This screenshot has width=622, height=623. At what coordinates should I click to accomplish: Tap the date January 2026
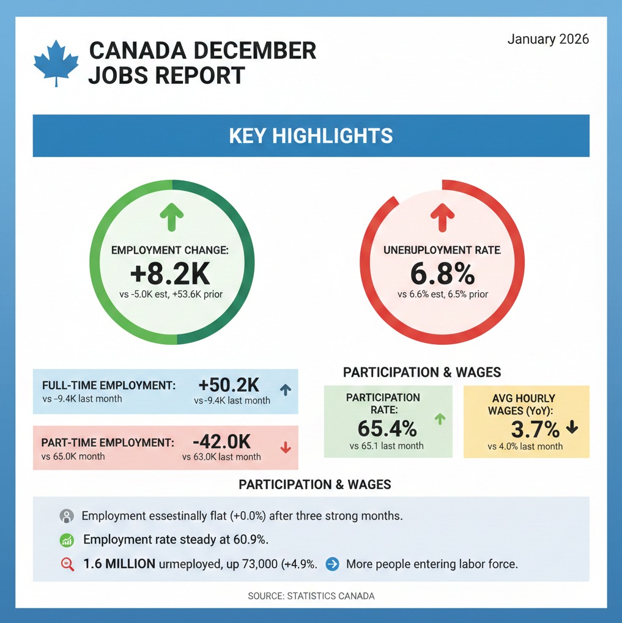click(548, 39)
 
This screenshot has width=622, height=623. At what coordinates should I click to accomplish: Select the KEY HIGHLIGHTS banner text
click(311, 135)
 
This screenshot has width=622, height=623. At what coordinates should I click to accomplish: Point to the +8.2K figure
click(170, 274)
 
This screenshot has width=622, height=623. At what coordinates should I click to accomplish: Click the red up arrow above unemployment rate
click(442, 216)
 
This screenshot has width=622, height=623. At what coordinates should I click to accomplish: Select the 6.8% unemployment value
click(442, 274)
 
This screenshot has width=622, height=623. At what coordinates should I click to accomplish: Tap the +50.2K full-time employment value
click(229, 385)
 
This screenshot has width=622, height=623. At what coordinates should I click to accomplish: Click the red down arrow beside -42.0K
click(285, 448)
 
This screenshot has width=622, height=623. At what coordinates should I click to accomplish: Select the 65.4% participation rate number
click(387, 427)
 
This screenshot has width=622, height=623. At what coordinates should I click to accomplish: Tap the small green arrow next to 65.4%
click(439, 419)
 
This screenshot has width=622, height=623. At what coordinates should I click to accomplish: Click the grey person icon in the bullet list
click(66, 516)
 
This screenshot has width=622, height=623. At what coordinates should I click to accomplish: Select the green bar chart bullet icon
click(67, 540)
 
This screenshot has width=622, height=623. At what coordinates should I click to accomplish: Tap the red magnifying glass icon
click(68, 564)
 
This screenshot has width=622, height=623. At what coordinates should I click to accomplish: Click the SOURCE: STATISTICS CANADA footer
click(311, 595)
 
